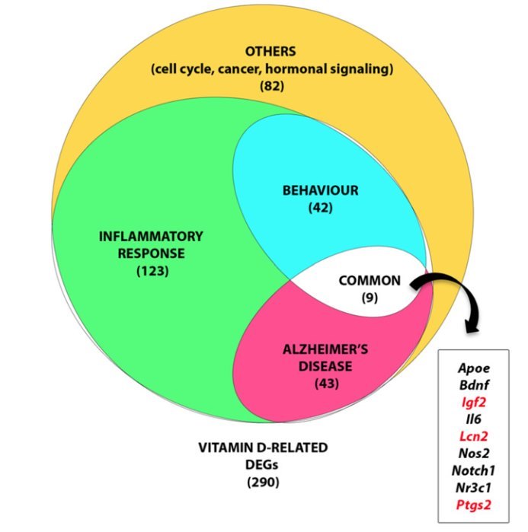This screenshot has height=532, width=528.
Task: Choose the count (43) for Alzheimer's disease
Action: point(326,382)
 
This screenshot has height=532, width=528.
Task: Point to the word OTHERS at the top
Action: point(270,52)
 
